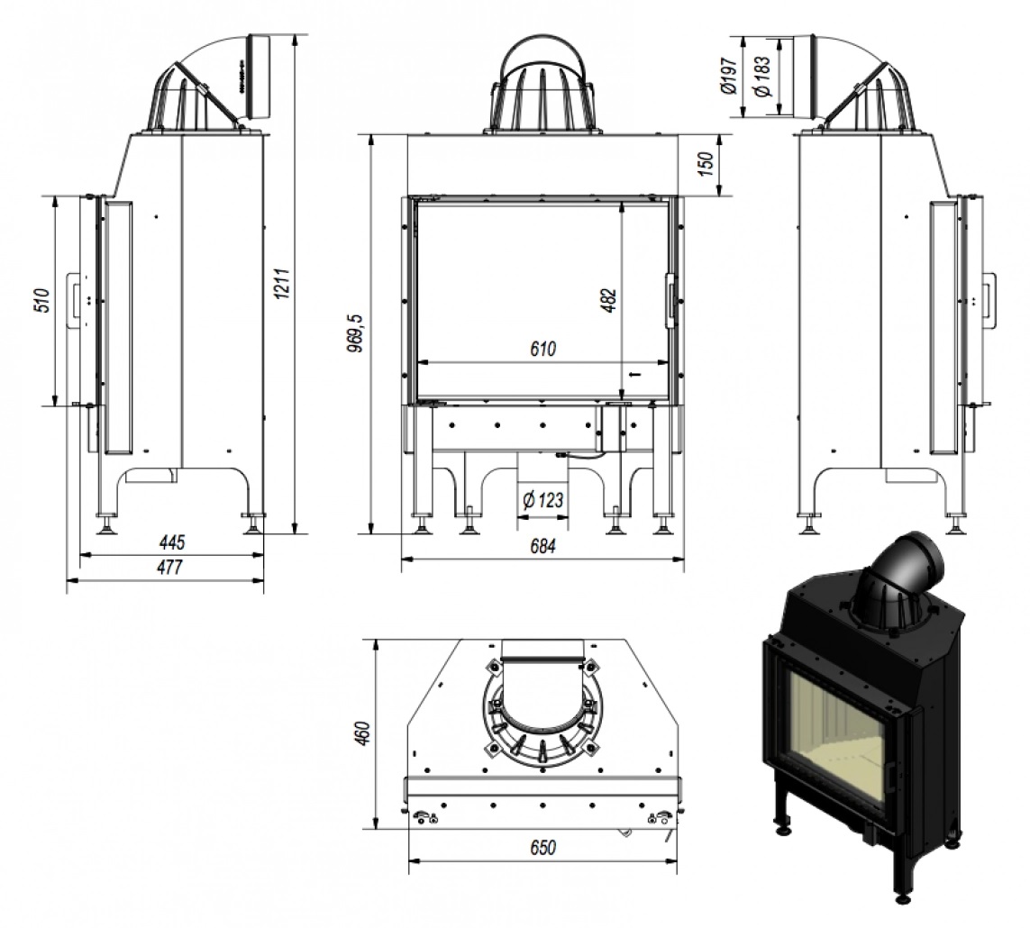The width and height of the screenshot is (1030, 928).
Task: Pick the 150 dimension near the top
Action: tap(706, 163)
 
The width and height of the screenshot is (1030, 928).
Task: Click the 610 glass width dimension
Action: tap(542, 349)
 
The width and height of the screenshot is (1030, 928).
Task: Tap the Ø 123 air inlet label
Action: tap(543, 501)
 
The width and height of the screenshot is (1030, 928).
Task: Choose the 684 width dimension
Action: tap(542, 546)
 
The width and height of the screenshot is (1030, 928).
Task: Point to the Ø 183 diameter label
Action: tap(761, 77)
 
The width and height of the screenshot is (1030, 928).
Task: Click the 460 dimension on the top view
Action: tap(362, 734)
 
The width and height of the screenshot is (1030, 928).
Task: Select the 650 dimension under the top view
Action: tap(542, 848)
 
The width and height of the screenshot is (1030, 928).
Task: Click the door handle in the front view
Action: tap(670, 299)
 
